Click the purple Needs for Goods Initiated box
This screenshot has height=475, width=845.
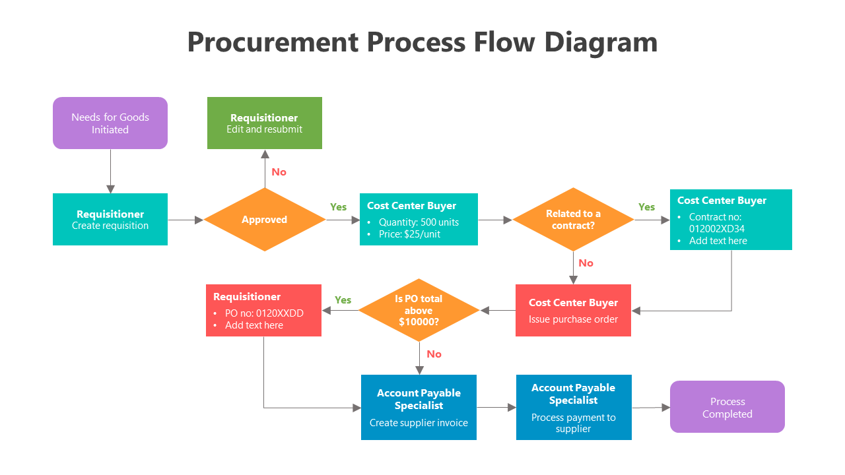coord(110,123)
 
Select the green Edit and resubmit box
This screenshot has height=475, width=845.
coord(264,123)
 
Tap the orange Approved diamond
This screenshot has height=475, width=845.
coord(264,220)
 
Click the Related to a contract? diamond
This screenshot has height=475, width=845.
coord(573,220)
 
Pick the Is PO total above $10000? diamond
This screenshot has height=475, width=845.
coord(419,310)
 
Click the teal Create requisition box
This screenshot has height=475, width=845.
coord(110,220)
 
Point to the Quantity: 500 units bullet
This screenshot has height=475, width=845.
coord(419,222)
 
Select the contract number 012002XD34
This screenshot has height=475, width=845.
coord(717,229)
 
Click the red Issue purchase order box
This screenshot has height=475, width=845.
coord(573,311)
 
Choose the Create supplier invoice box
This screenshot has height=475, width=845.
coord(419,407)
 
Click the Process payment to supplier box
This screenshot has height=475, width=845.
coord(573,407)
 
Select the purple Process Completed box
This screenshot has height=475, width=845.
coord(727,407)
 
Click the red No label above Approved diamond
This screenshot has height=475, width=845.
coord(279,172)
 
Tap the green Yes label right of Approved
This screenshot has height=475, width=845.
coord(338,207)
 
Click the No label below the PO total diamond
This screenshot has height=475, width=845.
coord(434,354)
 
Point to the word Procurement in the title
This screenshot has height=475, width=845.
coord(272,43)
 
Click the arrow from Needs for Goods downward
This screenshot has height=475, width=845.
coord(110,171)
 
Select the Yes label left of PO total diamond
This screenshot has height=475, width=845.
coord(343,300)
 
